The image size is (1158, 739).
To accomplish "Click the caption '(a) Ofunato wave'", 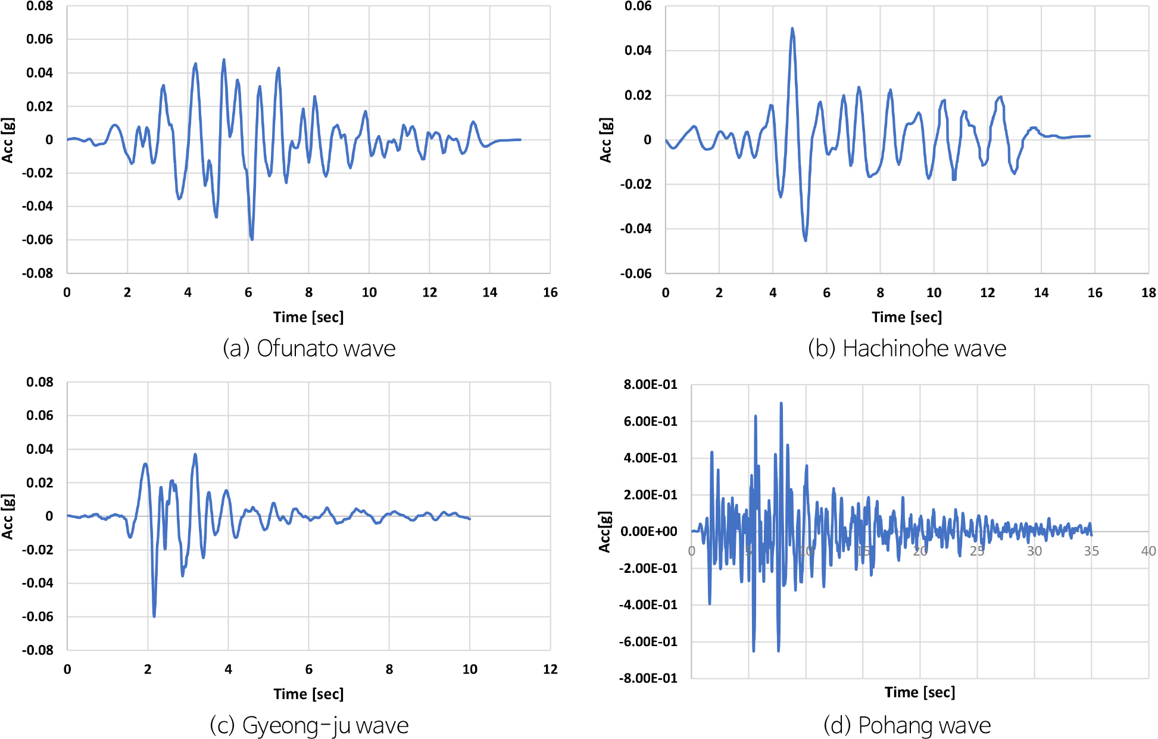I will click(x=308, y=348).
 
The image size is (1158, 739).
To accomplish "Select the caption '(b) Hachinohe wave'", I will click(x=907, y=348).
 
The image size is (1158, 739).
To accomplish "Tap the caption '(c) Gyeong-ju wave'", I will click(x=309, y=725).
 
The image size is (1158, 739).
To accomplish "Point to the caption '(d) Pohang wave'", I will click(x=907, y=725).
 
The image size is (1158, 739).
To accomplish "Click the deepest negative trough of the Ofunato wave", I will click(x=252, y=239).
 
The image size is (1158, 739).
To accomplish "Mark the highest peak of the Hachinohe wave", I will click(x=792, y=29).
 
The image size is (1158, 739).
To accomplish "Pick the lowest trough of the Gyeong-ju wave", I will click(x=154, y=616).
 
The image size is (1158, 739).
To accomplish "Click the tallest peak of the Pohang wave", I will click(x=781, y=403).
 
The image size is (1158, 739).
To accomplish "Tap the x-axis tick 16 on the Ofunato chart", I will click(x=550, y=292).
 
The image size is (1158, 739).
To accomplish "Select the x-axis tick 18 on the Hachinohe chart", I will click(x=1148, y=292).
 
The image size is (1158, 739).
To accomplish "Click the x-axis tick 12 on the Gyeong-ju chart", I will click(x=550, y=669).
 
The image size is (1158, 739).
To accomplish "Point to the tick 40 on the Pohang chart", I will click(x=1148, y=551).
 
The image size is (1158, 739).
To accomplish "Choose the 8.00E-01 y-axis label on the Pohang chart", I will click(x=650, y=385).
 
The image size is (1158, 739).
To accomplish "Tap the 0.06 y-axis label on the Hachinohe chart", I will click(x=638, y=7).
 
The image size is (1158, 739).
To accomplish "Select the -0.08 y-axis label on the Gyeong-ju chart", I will click(x=38, y=650).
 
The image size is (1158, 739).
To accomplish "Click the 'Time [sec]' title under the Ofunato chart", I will click(x=308, y=317).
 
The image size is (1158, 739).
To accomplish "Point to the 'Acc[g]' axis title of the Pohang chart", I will click(x=605, y=531).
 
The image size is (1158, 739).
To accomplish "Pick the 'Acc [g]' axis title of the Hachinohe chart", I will click(x=605, y=140).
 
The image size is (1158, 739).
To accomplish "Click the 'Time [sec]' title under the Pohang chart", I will click(x=919, y=692).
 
